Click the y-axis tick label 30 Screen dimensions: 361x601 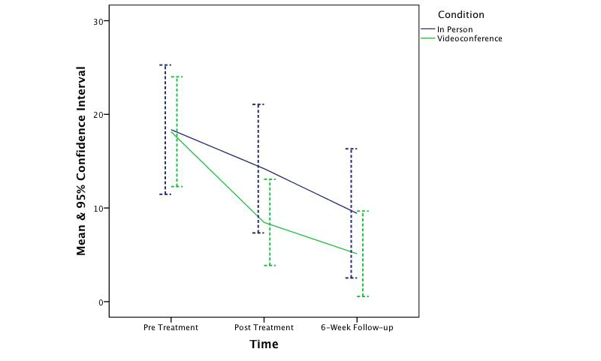(x=98, y=20)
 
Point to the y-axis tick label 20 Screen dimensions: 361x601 (x=98, y=114)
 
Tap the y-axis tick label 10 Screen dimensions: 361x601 (x=98, y=208)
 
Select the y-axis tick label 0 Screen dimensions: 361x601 (x=101, y=302)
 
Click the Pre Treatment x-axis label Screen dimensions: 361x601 (x=171, y=328)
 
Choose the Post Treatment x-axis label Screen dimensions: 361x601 (x=264, y=328)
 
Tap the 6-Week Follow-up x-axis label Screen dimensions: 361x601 (x=357, y=328)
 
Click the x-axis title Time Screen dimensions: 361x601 (x=264, y=344)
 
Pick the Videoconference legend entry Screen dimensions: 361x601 (x=461, y=38)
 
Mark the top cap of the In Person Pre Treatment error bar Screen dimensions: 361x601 (x=165, y=65)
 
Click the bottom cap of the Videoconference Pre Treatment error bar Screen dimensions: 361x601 (x=177, y=186)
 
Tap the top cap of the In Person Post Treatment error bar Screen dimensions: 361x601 (x=258, y=104)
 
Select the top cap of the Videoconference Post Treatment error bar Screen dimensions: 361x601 (x=270, y=179)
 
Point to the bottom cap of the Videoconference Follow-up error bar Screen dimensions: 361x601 (x=363, y=296)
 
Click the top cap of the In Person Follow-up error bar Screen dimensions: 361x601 (x=352, y=149)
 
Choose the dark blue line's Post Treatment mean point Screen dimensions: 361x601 (x=258, y=167)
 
